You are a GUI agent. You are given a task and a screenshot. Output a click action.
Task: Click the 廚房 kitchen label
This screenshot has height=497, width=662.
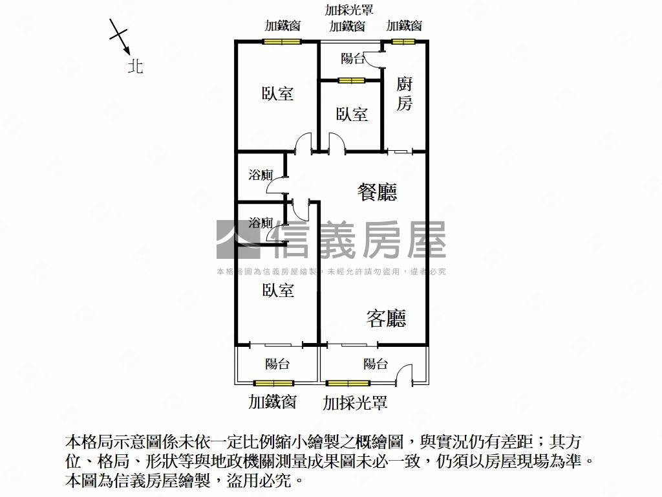(404, 94)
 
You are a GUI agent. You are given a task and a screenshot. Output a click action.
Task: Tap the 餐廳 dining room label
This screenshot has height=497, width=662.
(378, 192)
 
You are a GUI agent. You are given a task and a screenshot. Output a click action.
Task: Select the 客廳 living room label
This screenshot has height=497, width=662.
(387, 318)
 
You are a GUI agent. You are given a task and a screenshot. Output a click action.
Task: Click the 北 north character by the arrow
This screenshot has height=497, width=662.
(136, 66)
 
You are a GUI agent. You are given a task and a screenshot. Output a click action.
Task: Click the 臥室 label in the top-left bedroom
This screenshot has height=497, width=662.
(277, 93)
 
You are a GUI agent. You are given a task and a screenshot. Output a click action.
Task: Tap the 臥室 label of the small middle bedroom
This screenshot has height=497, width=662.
(352, 114)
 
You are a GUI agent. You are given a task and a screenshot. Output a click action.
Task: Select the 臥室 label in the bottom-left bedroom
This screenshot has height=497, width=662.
(278, 291)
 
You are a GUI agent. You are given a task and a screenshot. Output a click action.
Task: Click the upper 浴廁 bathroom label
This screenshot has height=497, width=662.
(261, 175)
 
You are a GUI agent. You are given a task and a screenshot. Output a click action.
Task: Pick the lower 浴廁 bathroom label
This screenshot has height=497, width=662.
(261, 223)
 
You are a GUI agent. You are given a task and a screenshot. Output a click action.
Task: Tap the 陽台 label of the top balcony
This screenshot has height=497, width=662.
(353, 58)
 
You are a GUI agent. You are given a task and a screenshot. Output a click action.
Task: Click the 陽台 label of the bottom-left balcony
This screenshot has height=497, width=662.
(277, 364)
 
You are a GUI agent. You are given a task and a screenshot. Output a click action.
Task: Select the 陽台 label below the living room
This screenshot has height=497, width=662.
(376, 364)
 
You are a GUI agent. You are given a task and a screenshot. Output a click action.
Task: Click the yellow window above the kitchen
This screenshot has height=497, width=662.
(403, 41)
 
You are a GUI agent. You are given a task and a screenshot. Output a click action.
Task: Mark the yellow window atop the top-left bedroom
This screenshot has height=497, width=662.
(282, 41)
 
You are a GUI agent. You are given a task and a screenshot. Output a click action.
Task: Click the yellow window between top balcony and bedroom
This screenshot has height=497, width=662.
(351, 80)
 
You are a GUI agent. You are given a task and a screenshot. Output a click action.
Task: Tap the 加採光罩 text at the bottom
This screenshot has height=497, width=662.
(355, 403)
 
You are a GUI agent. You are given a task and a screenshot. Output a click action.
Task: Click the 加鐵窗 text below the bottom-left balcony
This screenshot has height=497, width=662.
(272, 401)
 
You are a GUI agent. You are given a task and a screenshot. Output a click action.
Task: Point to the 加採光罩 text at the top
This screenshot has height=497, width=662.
(348, 10)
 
